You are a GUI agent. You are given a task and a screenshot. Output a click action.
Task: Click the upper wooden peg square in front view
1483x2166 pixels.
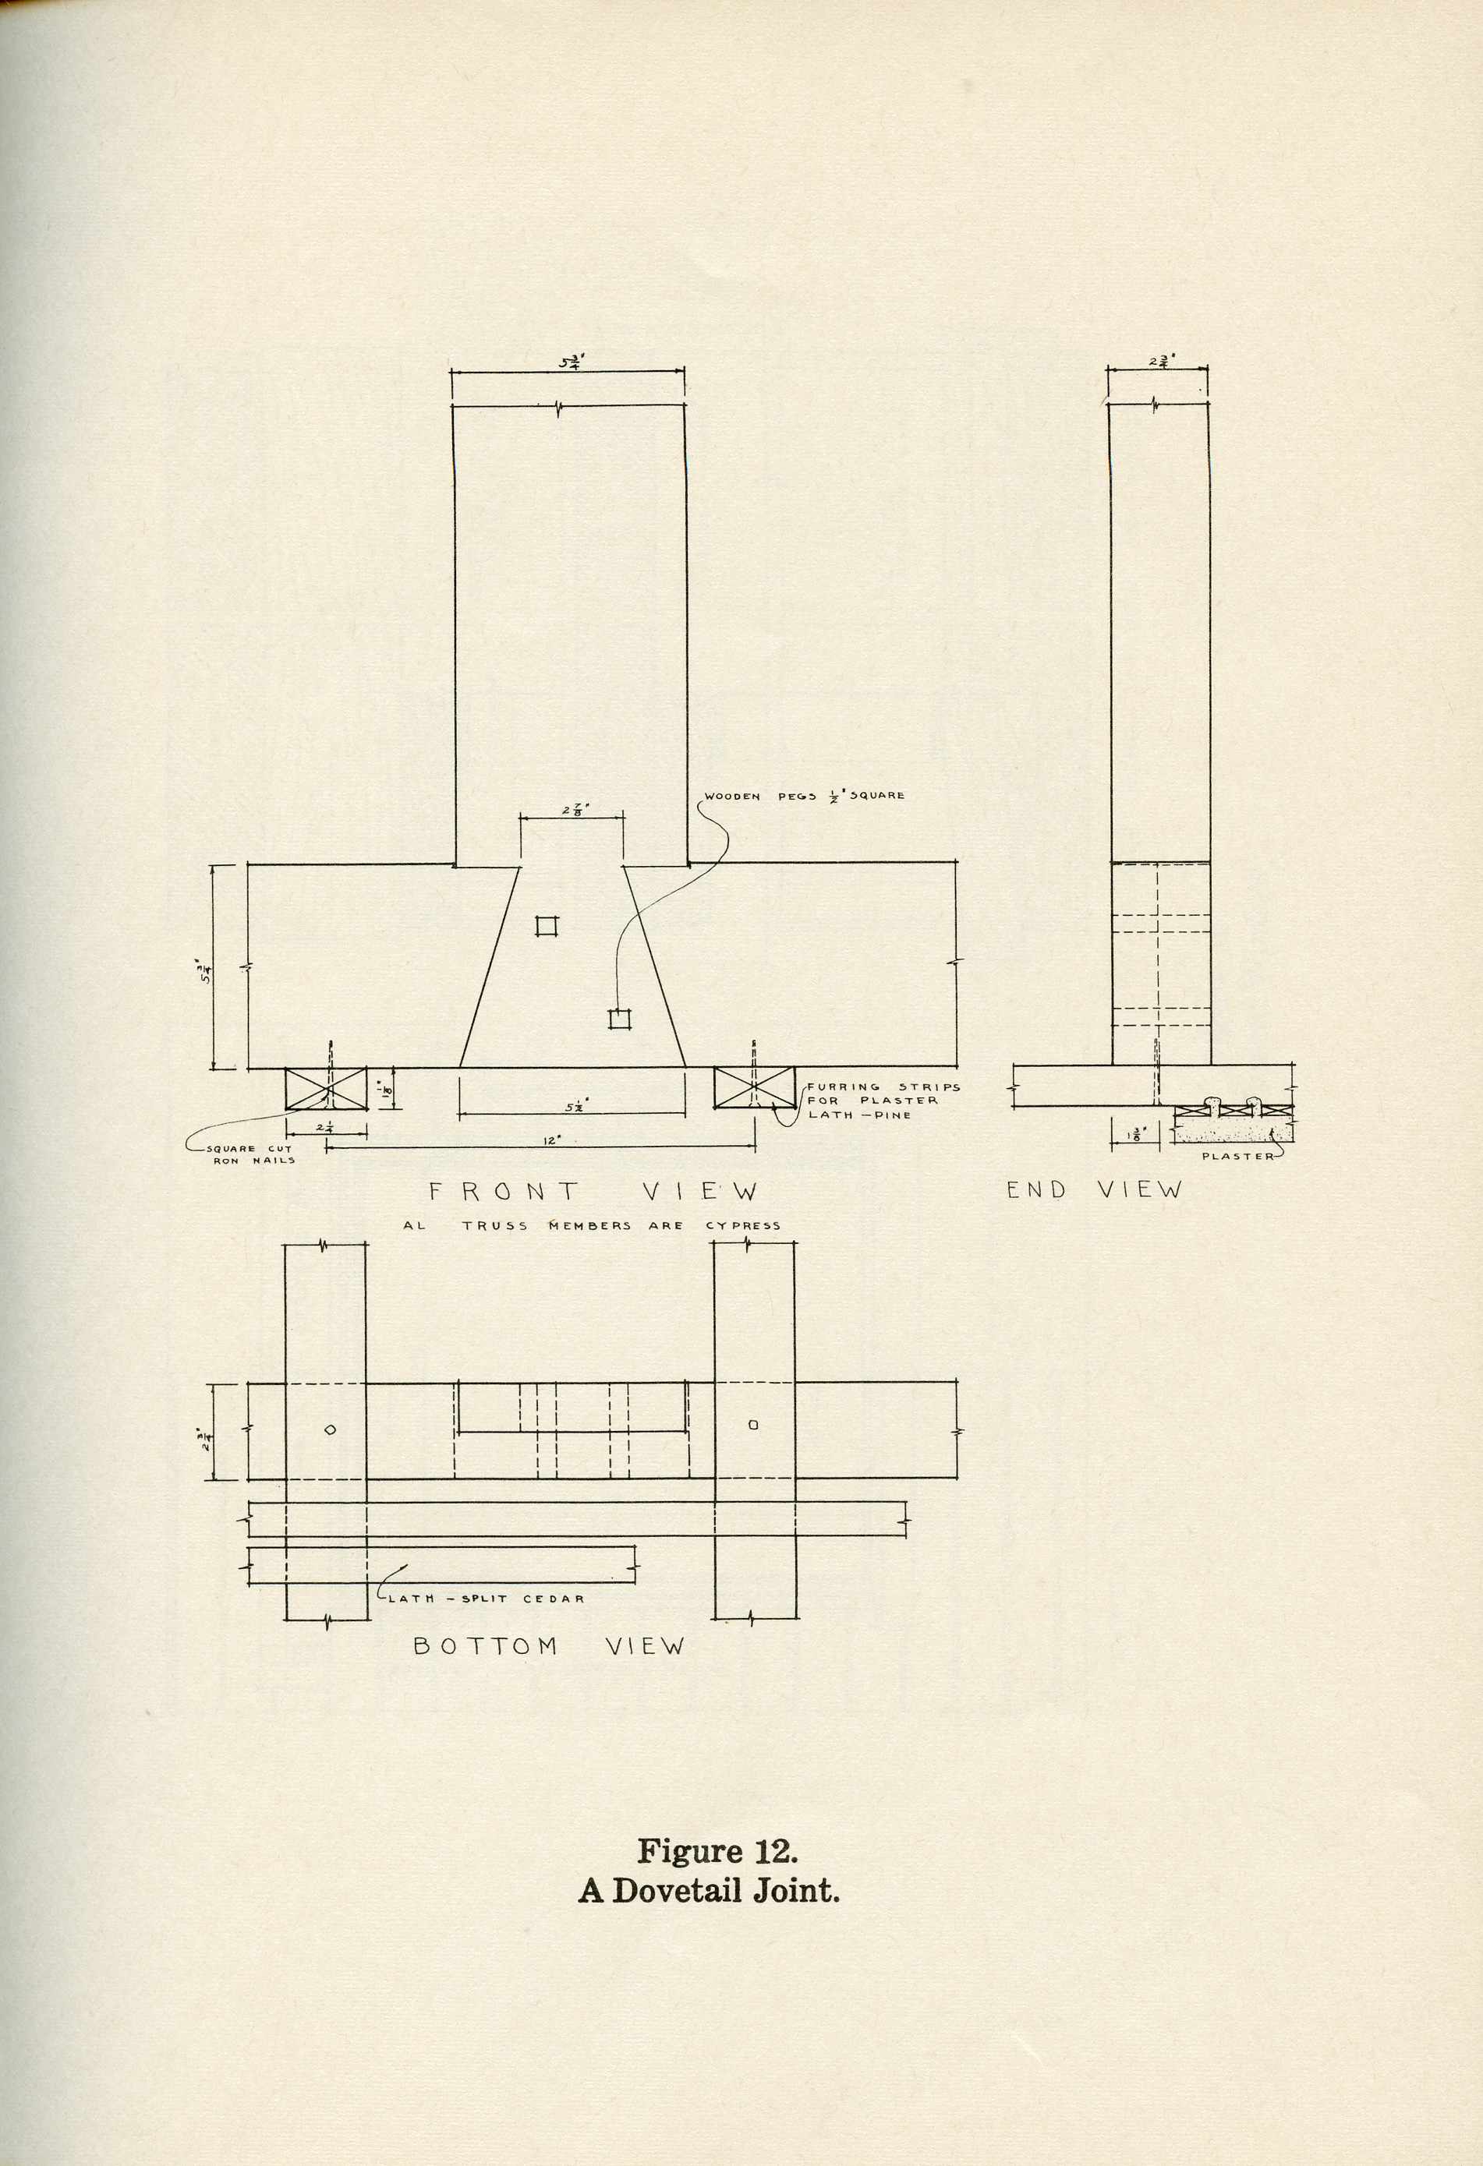(x=547, y=925)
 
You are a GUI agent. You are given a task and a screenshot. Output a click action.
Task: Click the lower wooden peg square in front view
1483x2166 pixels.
(x=620, y=1019)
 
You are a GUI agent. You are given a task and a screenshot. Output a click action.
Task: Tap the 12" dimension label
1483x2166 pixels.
(x=551, y=1140)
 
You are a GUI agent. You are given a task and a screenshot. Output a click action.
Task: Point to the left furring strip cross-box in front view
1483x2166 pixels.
(x=326, y=1089)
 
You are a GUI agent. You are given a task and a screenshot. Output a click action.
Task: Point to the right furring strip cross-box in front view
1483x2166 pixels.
(x=755, y=1089)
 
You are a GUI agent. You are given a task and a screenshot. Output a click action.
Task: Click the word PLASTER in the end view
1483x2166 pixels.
(x=1237, y=1157)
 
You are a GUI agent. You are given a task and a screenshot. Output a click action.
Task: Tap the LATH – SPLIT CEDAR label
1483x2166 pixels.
(x=486, y=1599)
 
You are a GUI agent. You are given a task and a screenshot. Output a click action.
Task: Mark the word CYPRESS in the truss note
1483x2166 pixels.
(x=743, y=1225)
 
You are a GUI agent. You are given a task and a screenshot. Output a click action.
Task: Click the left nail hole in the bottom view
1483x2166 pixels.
(x=330, y=1429)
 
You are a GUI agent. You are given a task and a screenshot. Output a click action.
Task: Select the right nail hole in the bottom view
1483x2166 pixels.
(x=753, y=1424)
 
